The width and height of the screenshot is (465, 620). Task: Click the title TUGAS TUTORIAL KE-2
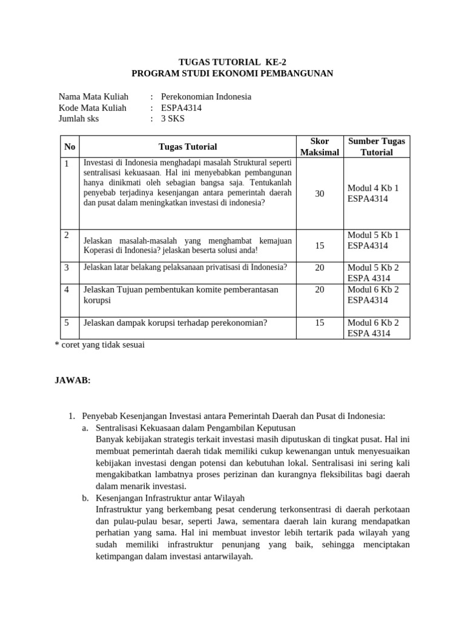[x=232, y=62]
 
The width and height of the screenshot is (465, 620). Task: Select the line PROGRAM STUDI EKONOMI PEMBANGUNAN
[x=232, y=73]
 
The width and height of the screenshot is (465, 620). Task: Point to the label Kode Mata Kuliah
[x=93, y=108]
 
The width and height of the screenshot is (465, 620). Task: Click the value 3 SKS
[x=173, y=119]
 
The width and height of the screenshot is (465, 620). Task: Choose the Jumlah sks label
[x=79, y=119]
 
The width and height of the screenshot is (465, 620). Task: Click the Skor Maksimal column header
[x=320, y=147]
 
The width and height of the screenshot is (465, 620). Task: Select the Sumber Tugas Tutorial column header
[x=377, y=147]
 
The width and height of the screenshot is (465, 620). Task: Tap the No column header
[x=70, y=147]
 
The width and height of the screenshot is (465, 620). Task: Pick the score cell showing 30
[x=320, y=194]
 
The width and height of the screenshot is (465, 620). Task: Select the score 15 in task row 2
[x=320, y=246]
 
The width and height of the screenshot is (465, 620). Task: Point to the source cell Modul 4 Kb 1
[x=373, y=188]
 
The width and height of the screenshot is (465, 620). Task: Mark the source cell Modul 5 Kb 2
[x=373, y=267]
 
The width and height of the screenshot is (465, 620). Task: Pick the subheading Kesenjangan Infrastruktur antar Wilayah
[x=170, y=498]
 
